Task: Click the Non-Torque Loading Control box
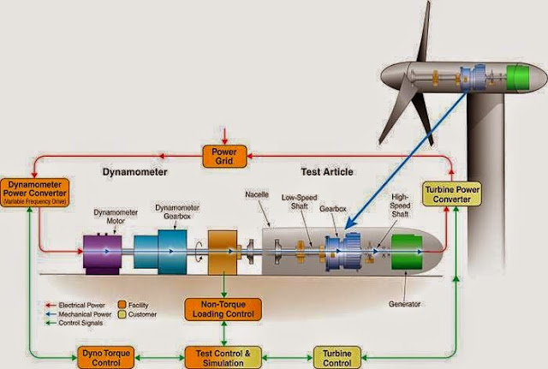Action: (223, 310)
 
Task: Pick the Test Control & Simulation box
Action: (223, 355)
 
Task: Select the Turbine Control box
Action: (337, 355)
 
